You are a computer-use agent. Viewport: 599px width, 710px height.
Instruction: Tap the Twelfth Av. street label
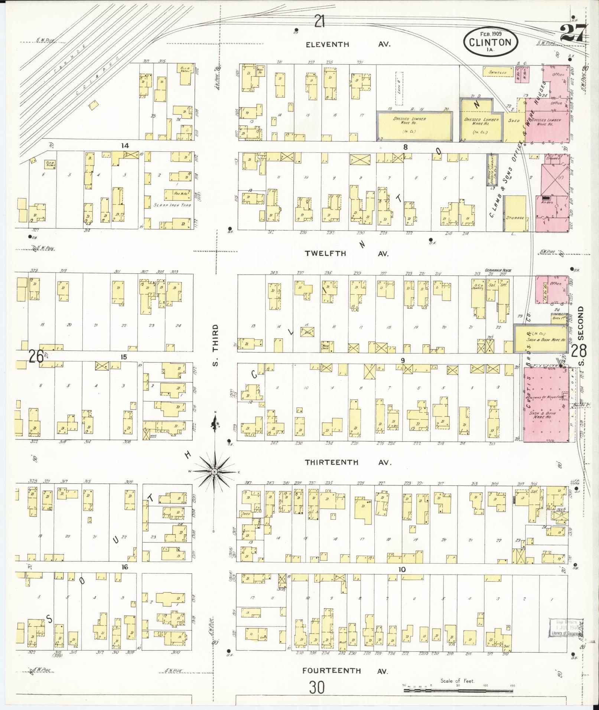coord(346,253)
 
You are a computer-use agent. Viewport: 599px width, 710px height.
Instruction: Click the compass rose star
coord(214,471)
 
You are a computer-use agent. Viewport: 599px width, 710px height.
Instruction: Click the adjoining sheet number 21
coord(319,21)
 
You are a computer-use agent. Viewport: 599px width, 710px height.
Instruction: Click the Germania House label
coord(498,270)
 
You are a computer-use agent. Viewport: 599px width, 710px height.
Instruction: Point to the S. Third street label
coord(215,344)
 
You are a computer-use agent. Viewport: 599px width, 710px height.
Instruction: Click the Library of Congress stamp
coord(566,628)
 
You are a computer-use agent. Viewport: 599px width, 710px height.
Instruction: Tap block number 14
coord(125,145)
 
